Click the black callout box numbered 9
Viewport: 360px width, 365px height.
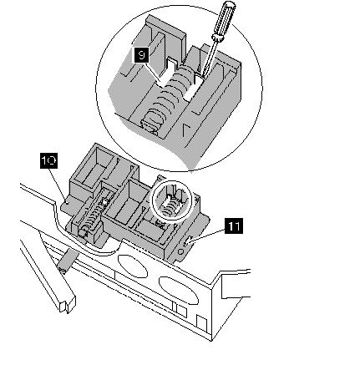[141, 55]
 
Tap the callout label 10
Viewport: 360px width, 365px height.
[49, 160]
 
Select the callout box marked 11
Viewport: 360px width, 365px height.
[233, 226]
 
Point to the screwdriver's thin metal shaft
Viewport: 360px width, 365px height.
[208, 58]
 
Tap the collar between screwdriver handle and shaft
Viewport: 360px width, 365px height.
[217, 38]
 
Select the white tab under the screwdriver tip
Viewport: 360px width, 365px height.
[194, 87]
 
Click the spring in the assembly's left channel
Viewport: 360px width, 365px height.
[92, 217]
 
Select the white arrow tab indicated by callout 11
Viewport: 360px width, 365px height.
[190, 239]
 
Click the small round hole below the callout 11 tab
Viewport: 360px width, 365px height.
[180, 251]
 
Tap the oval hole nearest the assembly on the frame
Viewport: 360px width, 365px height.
[133, 266]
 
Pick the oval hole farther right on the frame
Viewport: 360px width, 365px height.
[178, 290]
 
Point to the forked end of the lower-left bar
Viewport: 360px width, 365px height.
[68, 304]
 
